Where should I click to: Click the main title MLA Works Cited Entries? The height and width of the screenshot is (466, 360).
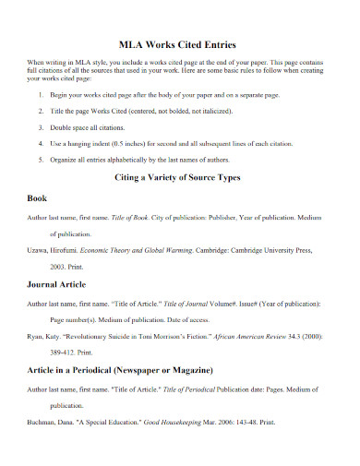coord(179,43)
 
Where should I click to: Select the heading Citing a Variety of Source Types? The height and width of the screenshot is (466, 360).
coord(179,177)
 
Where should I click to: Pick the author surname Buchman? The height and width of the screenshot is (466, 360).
coord(43,423)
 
